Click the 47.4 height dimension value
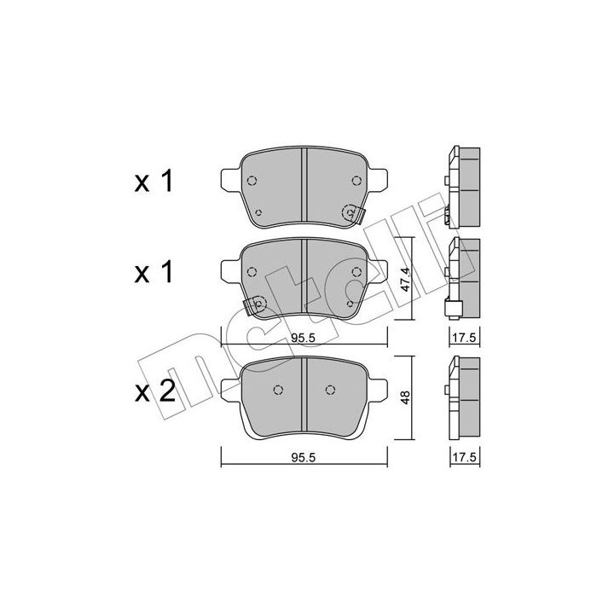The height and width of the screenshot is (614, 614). [x=405, y=278]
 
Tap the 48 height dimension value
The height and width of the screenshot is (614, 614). [x=405, y=397]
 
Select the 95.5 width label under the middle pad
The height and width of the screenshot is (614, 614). [x=303, y=339]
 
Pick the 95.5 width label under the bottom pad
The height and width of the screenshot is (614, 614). [x=303, y=457]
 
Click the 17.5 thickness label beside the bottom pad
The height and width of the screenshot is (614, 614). [x=465, y=457]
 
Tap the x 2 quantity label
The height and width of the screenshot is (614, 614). [x=154, y=391]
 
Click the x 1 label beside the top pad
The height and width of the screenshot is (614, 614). [x=153, y=182]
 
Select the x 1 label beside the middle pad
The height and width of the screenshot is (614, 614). [x=153, y=273]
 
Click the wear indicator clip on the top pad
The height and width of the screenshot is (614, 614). [x=355, y=214]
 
